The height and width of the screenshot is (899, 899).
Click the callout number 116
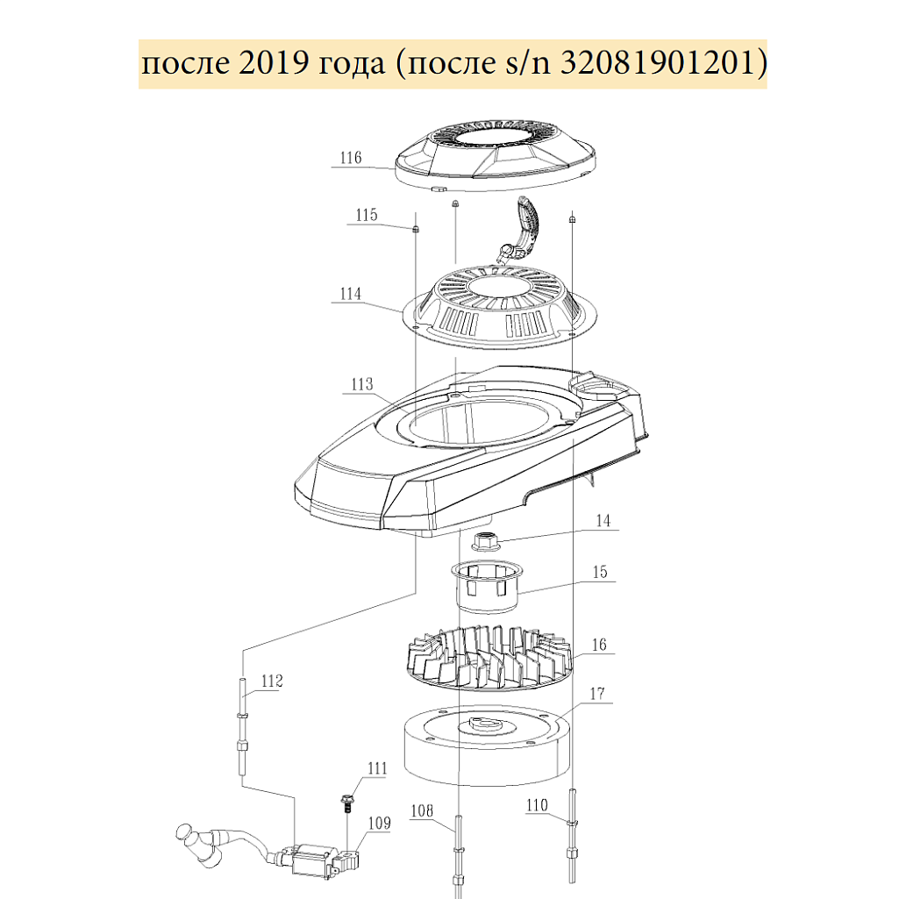pos(351,158)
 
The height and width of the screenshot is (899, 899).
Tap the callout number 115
pos(367,215)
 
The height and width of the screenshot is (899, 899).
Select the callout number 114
pos(350,294)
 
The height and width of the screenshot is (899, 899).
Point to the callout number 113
pos(361,384)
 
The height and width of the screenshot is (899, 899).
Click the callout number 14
pos(603,521)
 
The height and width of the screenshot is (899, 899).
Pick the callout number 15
pos(600,572)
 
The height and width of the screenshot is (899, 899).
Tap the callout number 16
pos(598,645)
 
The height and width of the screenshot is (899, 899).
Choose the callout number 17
pos(597,694)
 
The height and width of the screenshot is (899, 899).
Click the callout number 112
pos(272,681)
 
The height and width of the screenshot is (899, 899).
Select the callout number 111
pos(377,768)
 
